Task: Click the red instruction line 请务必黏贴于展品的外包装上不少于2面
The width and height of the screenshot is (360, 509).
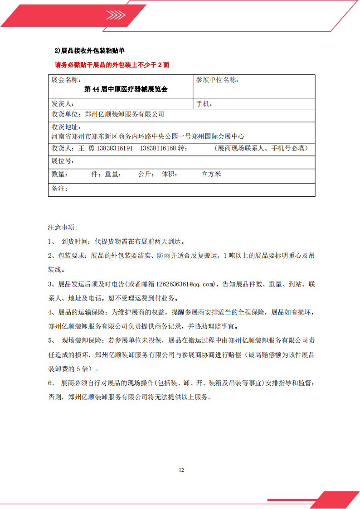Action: (x=112, y=65)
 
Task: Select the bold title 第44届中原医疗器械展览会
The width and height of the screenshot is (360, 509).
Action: (x=126, y=89)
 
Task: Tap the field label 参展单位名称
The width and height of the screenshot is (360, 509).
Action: (x=217, y=80)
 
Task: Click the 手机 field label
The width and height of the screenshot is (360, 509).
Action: (x=204, y=104)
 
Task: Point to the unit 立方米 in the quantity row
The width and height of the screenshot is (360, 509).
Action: (x=211, y=174)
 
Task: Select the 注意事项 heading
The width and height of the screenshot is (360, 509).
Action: (x=63, y=227)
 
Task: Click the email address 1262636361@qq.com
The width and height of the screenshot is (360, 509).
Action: (x=185, y=284)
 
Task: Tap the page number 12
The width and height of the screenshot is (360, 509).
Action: (x=181, y=470)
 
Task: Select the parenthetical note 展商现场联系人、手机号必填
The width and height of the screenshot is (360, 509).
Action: (x=263, y=148)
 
